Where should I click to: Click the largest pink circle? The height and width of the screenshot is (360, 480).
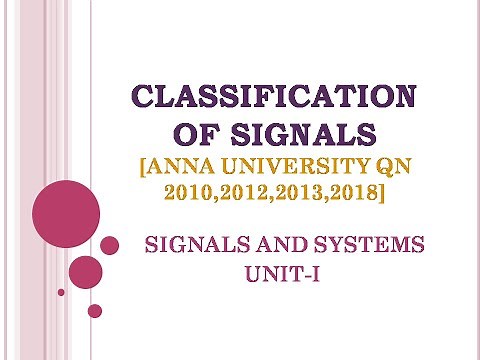coord(67,211)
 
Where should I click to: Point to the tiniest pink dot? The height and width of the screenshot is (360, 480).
coord(61,292)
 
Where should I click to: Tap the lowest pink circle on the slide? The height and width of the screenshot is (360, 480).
coord(95,310)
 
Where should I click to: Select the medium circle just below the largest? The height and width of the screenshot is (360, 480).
coord(86,271)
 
